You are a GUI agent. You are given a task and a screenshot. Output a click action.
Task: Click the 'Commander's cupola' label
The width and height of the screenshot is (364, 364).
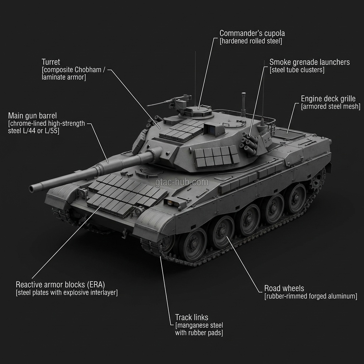point(252,33)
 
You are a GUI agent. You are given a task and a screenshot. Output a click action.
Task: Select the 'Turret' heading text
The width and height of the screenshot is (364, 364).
point(51,62)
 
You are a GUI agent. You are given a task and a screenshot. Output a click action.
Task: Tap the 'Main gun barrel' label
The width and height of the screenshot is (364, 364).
point(32,116)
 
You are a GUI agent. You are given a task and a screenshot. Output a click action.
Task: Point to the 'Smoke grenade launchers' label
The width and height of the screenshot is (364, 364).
point(309,62)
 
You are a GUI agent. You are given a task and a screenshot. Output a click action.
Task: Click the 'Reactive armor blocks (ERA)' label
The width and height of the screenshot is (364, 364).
point(60,284)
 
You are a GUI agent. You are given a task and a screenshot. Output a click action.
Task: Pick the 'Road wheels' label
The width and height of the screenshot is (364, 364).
point(284,288)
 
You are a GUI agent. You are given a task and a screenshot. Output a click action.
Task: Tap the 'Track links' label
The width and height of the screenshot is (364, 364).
point(192,317)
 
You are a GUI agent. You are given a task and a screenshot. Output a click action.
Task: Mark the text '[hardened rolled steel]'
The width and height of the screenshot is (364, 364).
point(251,41)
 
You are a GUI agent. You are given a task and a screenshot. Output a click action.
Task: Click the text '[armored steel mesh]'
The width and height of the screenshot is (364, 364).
point(331,106)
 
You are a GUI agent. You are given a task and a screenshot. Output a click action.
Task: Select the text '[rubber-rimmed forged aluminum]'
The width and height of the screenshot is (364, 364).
point(311,296)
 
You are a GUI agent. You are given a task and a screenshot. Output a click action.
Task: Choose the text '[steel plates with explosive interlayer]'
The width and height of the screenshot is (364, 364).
point(66,293)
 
